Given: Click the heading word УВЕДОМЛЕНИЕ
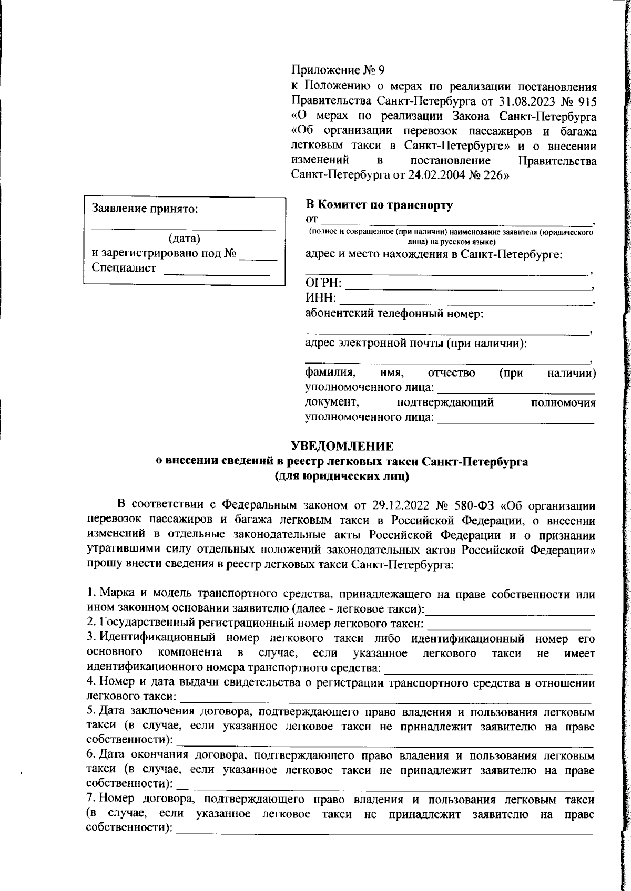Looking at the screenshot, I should [x=342, y=447].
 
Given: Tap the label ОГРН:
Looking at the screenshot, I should [x=323, y=284].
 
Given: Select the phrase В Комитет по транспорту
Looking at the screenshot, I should [x=379, y=205].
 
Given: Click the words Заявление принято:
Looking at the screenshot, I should [x=145, y=209].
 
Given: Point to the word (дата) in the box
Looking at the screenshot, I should [x=184, y=239].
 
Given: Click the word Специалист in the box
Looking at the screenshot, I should [x=124, y=268].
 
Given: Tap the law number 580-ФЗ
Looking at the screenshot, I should [x=476, y=506].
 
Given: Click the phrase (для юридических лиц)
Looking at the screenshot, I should [x=342, y=476].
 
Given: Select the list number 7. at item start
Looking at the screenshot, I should [x=90, y=800].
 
